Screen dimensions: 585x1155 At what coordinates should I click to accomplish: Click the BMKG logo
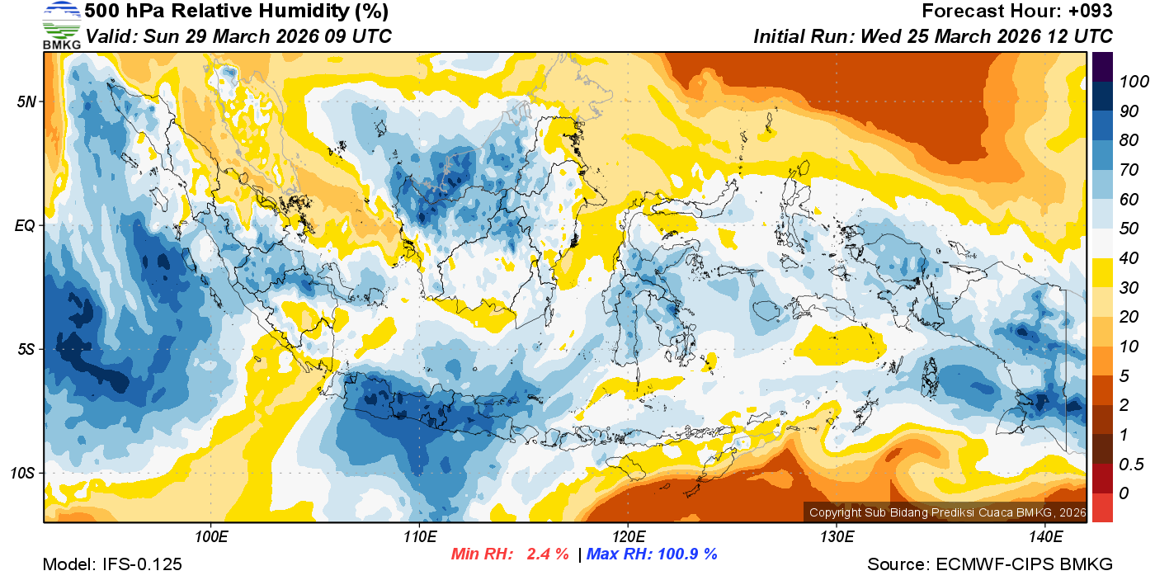point(61,25)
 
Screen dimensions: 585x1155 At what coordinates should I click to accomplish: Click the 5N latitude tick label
point(26,101)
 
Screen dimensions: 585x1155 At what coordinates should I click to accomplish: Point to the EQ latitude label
point(25,225)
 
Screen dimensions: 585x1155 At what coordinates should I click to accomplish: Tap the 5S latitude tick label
point(26,349)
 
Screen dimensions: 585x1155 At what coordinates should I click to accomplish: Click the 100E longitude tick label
point(211,537)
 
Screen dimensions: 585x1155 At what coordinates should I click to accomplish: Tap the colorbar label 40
point(1129,258)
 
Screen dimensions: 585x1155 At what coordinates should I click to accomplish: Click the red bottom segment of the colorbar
point(1103,507)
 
